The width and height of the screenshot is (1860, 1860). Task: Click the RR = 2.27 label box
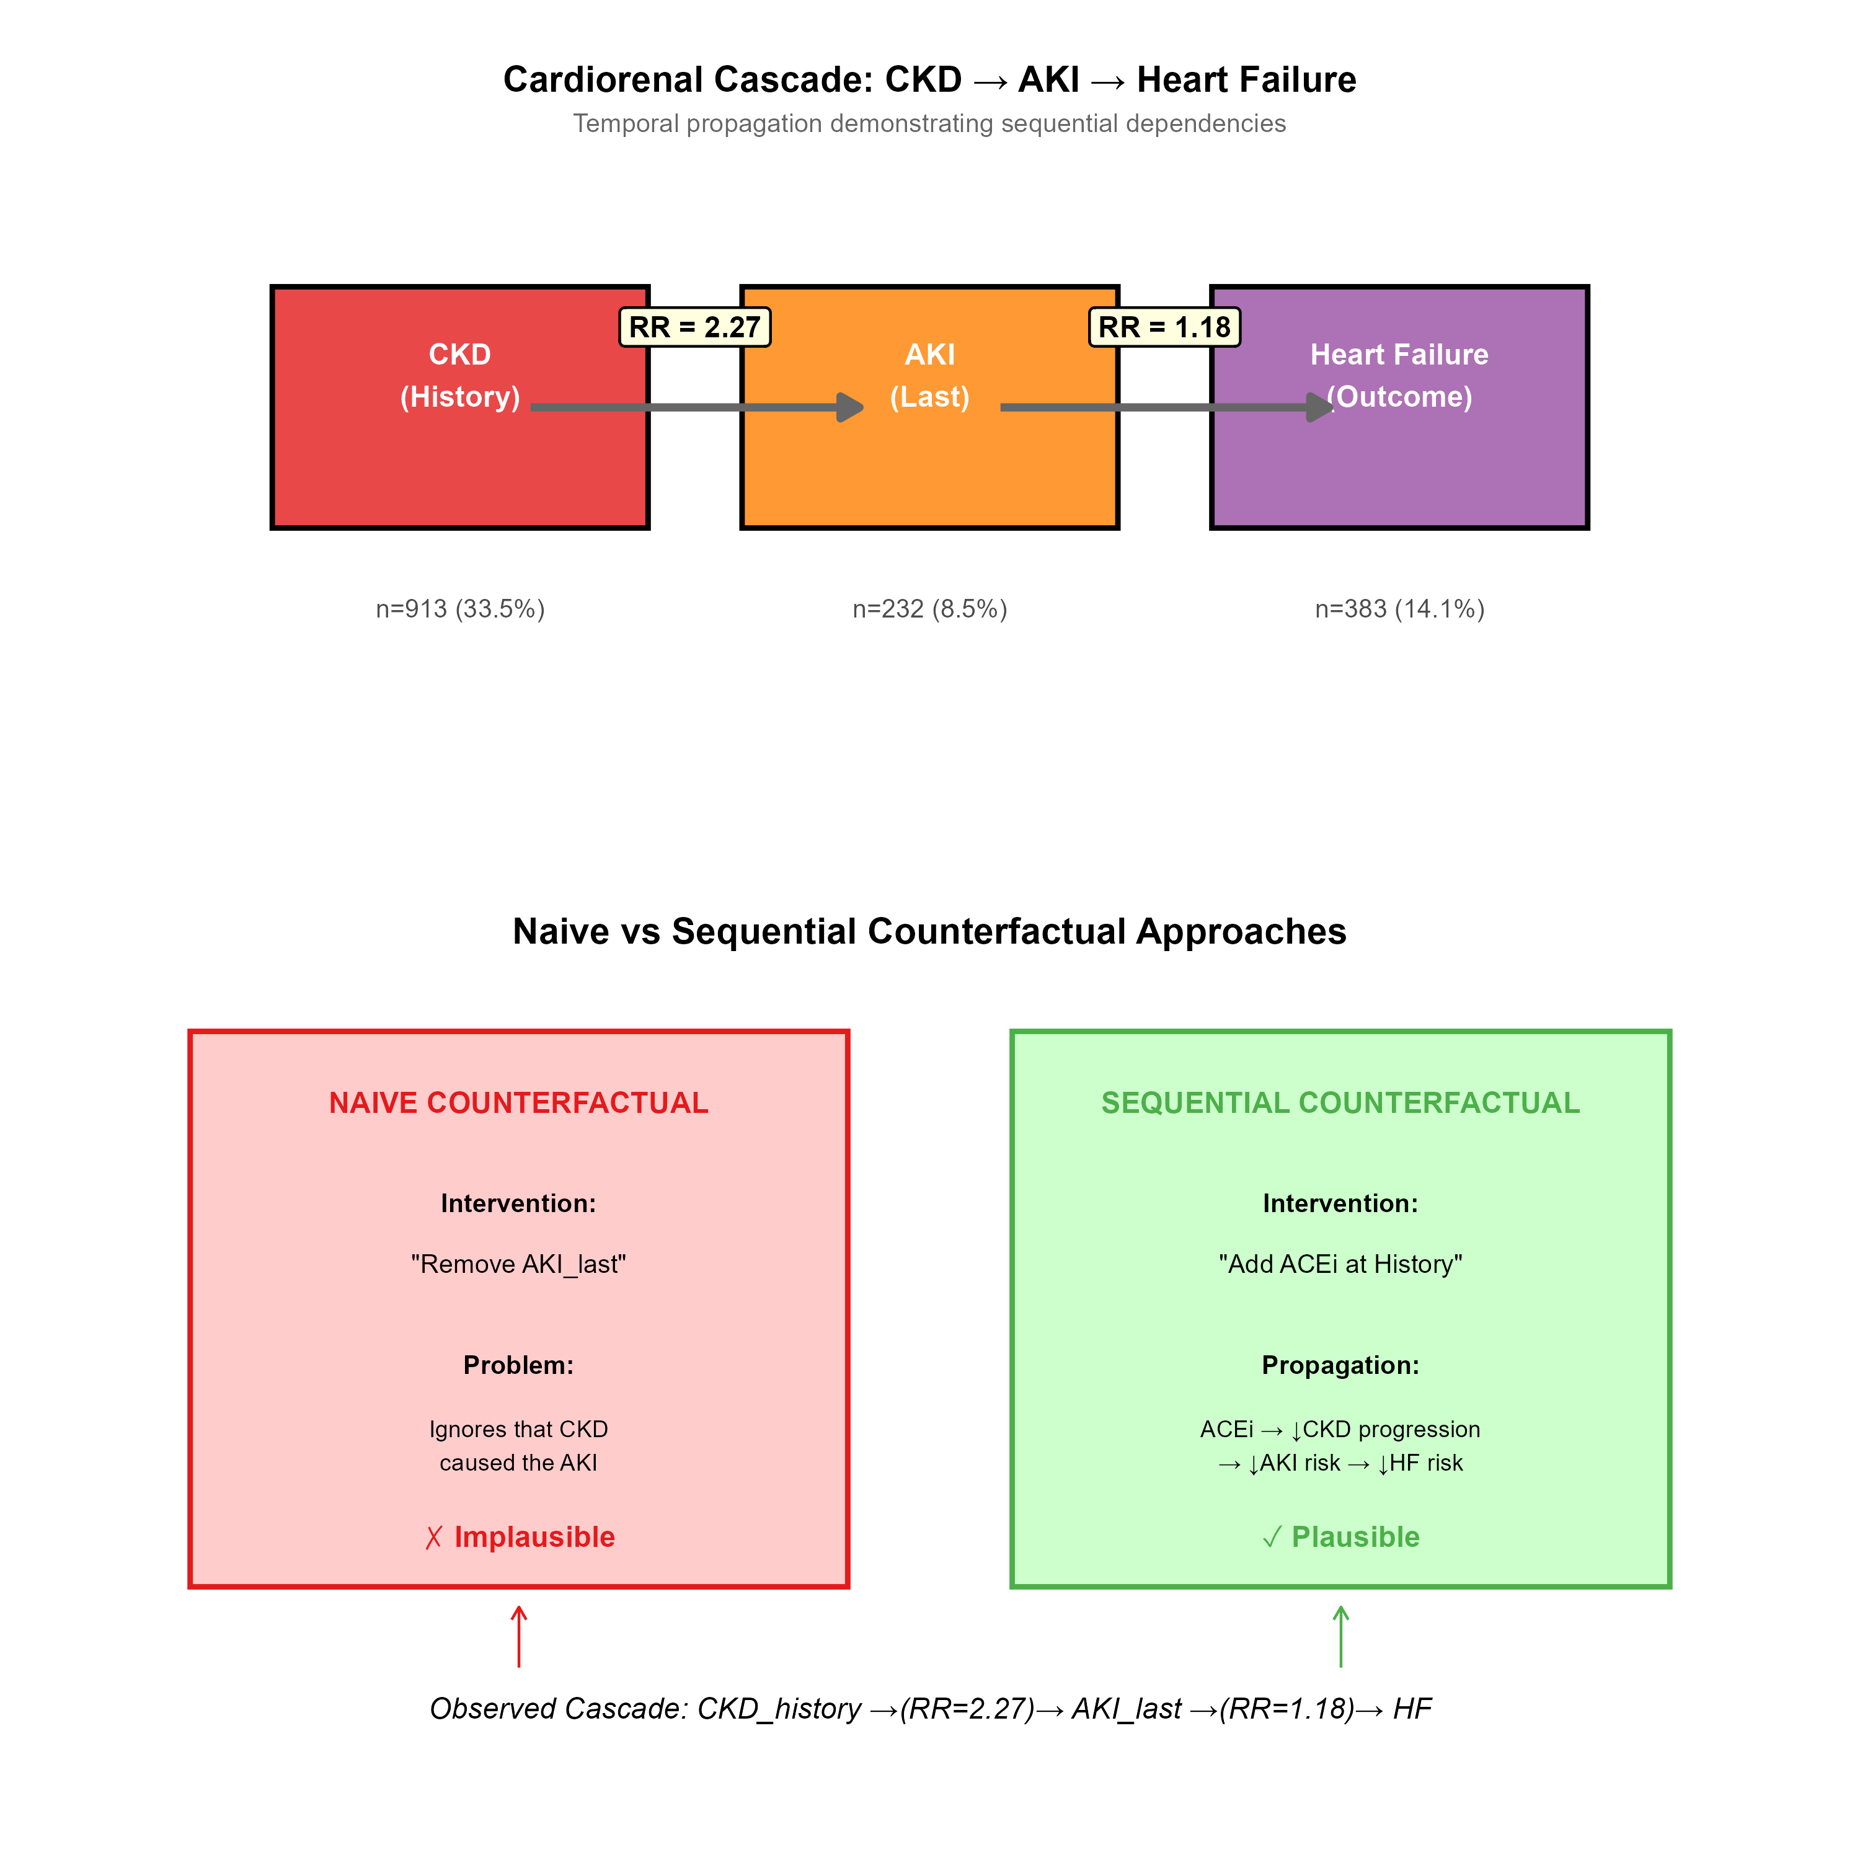(694, 327)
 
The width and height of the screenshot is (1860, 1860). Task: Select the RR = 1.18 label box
(1164, 327)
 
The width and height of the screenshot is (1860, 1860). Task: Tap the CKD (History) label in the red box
(460, 376)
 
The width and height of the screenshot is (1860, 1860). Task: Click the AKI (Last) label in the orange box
(929, 376)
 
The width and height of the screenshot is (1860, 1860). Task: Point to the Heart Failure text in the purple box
(1399, 354)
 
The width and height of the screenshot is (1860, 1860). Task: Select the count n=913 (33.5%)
(460, 608)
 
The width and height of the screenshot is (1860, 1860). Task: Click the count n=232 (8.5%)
(929, 608)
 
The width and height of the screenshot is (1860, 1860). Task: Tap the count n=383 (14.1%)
(1399, 608)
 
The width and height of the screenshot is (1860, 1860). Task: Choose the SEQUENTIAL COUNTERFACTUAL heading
(1340, 1102)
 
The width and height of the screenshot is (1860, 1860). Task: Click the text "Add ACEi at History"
(1340, 1264)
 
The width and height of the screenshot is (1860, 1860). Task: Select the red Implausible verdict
(520, 1536)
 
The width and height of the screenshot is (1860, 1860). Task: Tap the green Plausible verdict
(1340, 1536)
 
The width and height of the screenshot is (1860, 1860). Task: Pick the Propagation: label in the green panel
(1340, 1365)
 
